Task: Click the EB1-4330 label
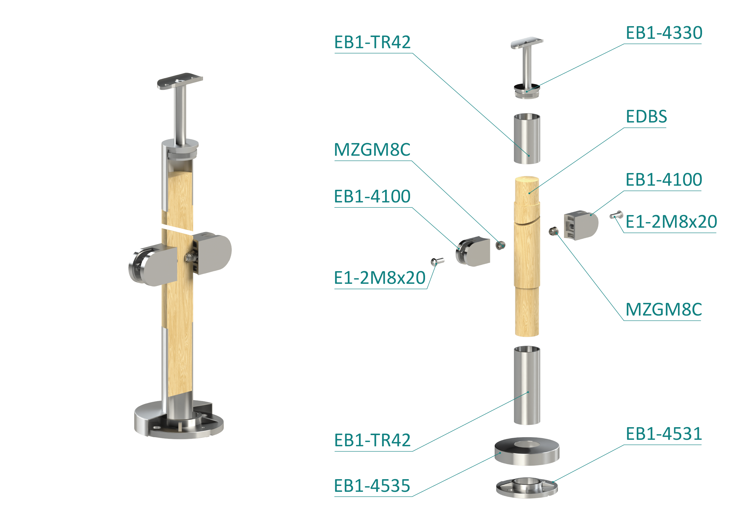click(664, 33)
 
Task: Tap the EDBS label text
click(646, 116)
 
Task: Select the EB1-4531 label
click(664, 434)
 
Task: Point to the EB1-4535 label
click(372, 486)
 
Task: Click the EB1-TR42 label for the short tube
click(372, 42)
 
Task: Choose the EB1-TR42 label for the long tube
click(372, 440)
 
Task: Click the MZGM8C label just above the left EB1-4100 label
click(372, 149)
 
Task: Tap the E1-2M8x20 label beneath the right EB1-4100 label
click(671, 222)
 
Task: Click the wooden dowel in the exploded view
click(527, 256)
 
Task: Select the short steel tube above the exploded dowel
click(527, 138)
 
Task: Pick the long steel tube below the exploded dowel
click(527, 385)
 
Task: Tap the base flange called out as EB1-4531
click(527, 488)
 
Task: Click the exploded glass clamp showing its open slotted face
click(581, 225)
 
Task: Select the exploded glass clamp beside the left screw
click(473, 251)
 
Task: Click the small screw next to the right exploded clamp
click(616, 215)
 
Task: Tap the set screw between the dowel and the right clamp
click(554, 231)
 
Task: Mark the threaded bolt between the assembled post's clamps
click(191, 257)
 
